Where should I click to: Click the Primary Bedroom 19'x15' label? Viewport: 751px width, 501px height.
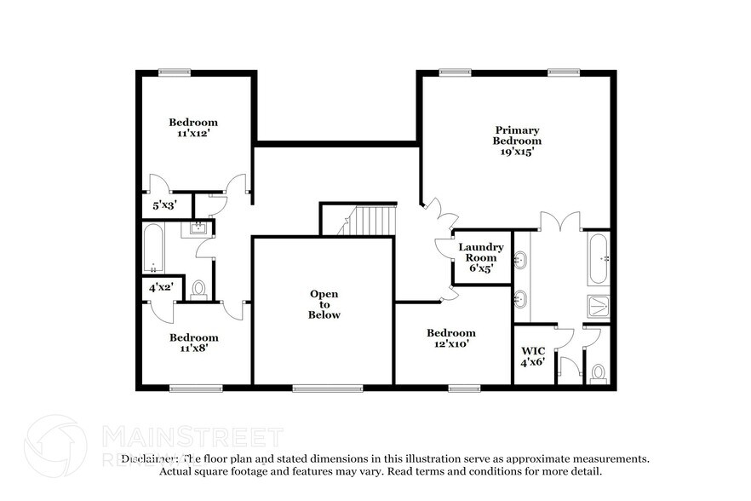tap(517, 141)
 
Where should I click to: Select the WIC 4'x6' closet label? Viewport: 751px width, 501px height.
tap(532, 356)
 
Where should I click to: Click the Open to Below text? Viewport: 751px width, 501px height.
tap(324, 304)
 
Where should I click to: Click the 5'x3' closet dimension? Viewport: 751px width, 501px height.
tap(164, 205)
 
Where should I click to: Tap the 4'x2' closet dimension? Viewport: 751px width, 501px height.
tap(160, 287)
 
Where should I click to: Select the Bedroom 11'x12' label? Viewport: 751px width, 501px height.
tap(193, 128)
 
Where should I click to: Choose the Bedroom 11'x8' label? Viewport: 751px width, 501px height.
tap(193, 343)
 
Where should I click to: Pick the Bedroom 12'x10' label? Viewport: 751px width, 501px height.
tap(450, 338)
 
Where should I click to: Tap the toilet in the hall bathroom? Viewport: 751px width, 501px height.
tap(198, 290)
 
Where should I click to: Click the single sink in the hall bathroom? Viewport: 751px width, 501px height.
tap(198, 227)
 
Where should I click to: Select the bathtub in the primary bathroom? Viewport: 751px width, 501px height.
tap(598, 257)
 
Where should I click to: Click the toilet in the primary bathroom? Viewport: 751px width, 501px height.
tap(599, 372)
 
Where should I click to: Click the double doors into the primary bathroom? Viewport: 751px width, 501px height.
tap(559, 222)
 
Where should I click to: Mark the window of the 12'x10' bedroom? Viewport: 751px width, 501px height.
tap(465, 389)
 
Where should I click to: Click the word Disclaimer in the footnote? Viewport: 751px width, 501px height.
tap(150, 458)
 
